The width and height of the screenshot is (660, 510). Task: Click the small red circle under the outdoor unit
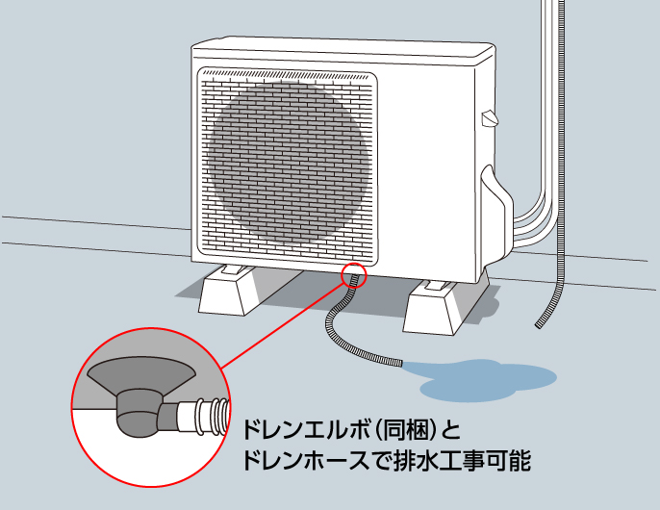click(354, 276)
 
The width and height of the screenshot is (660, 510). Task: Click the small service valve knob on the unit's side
click(490, 118)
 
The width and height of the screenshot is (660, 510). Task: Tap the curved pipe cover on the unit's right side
click(496, 215)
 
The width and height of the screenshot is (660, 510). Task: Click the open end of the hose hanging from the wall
click(539, 325)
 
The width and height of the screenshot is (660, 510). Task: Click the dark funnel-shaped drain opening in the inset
click(141, 374)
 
